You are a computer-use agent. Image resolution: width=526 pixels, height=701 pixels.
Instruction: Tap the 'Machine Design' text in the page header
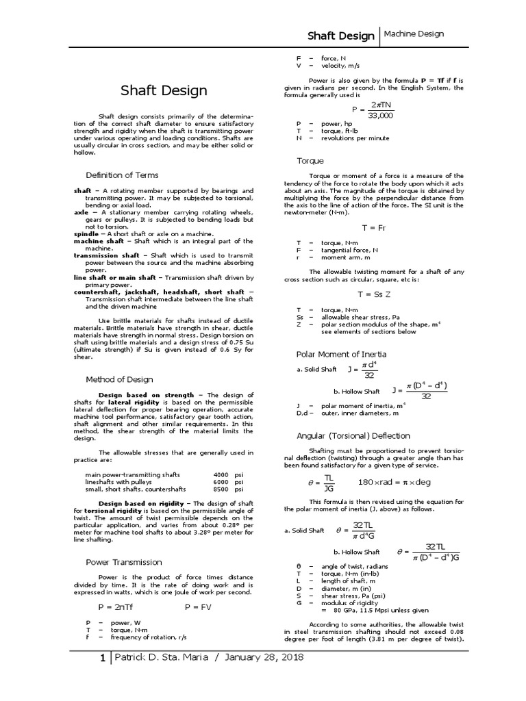pos(414,34)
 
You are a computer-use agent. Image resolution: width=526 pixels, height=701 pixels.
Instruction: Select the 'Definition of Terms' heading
pos(122,175)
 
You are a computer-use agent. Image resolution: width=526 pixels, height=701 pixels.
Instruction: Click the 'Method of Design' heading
pos(119,379)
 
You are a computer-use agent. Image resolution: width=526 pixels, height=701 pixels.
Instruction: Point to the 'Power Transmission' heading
pos(124,561)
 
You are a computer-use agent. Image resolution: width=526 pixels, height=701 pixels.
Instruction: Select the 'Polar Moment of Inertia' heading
pos(341,354)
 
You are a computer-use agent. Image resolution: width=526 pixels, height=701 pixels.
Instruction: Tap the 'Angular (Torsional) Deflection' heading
pos(353,435)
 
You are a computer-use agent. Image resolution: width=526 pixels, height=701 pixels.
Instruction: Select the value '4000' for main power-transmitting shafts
pos(221,474)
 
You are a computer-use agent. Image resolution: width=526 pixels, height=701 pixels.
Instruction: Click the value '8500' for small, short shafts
pos(221,489)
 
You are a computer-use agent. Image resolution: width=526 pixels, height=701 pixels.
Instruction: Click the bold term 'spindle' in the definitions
pos(86,234)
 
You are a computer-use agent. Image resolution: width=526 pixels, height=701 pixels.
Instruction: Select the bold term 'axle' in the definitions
pos(81,212)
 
